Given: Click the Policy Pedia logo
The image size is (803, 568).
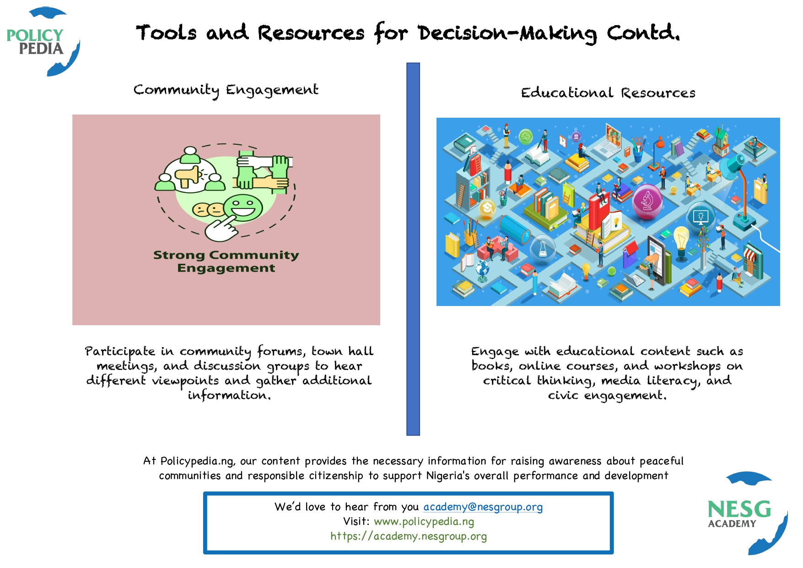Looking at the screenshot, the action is [43, 41].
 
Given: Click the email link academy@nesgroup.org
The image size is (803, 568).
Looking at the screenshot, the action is [483, 507].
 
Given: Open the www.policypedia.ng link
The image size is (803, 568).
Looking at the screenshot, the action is [424, 521].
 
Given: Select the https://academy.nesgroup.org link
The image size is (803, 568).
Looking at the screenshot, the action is [409, 536].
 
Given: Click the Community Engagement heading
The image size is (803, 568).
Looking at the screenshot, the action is [226, 90].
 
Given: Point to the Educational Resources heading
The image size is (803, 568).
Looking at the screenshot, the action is [608, 93].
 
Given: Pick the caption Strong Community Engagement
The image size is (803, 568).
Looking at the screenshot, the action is [226, 261].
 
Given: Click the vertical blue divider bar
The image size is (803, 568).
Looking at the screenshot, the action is [413, 249].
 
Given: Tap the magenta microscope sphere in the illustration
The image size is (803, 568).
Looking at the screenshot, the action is [647, 200].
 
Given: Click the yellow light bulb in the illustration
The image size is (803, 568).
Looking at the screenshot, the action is [681, 239].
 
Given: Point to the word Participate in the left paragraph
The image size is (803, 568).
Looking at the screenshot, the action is [120, 352].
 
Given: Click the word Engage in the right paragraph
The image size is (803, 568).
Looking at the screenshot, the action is [495, 352].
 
